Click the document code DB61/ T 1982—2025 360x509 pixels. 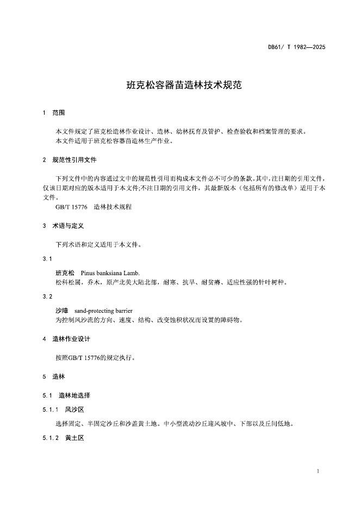pyautogui.click(x=296, y=47)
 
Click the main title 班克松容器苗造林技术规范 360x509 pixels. pyautogui.click(x=179, y=85)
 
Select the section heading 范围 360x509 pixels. pyautogui.click(x=58, y=113)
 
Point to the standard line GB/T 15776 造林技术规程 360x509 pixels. pyautogui.click(x=94, y=207)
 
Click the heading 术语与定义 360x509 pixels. pyautogui.click(x=67, y=225)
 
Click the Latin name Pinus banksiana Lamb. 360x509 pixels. pyautogui.click(x=110, y=272)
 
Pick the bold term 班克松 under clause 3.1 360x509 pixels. pyautogui.click(x=65, y=272)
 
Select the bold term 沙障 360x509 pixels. pyautogui.click(x=62, y=311)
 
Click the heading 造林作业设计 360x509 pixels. pyautogui.click(x=71, y=339)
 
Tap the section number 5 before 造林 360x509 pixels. pyautogui.click(x=44, y=376)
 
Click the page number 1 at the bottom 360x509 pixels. pyautogui.click(x=318, y=471)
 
